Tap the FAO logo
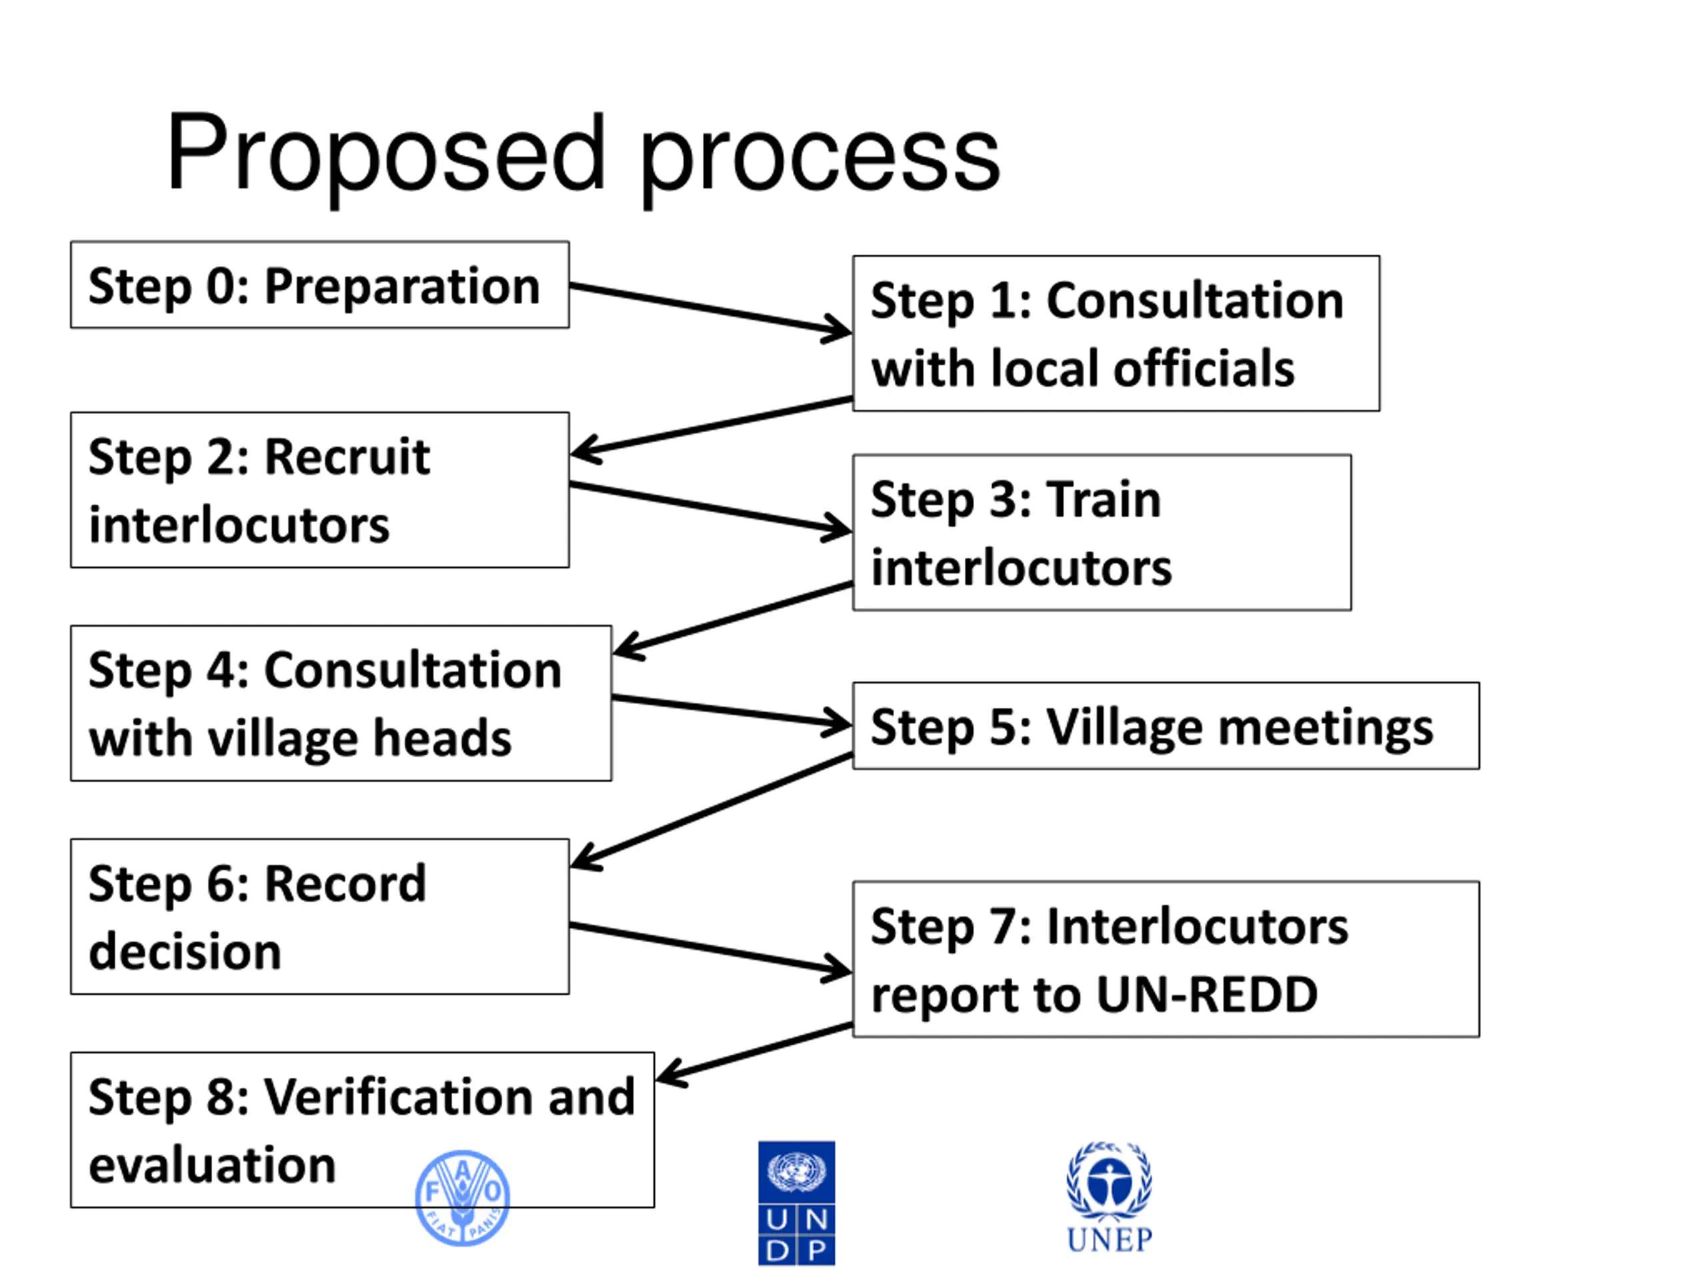[x=462, y=1197]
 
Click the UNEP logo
[x=1109, y=1197]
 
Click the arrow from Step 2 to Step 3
[x=710, y=508]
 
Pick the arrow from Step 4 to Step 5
[x=731, y=711]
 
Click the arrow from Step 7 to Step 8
[x=755, y=1053]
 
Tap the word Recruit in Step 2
[x=347, y=457]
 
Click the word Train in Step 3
[x=1104, y=500]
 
